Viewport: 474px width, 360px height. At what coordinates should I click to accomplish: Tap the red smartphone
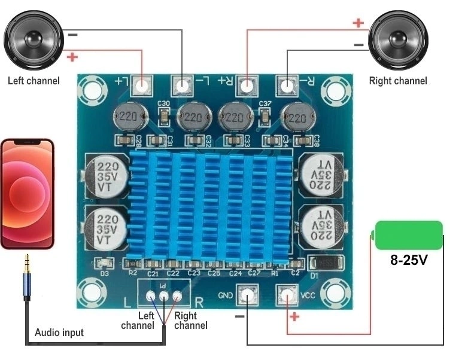point(27,194)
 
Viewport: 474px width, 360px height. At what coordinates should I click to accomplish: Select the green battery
point(409,235)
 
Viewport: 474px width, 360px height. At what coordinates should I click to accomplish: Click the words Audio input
point(59,332)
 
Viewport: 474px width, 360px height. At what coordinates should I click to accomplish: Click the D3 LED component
point(105,263)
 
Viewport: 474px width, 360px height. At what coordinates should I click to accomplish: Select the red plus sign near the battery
point(293,316)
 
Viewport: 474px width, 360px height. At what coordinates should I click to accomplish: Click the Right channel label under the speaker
point(398,81)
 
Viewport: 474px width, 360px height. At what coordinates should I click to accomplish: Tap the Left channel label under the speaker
point(34,81)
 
